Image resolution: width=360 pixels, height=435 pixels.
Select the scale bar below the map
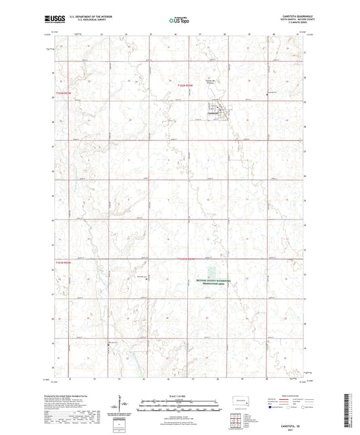pyautogui.click(x=180, y=401)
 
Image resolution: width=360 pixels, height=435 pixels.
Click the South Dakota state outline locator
pyautogui.click(x=237, y=401)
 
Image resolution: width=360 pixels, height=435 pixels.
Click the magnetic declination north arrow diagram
pyautogui.click(x=124, y=405)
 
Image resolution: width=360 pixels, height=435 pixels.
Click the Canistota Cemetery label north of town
pyautogui.click(x=218, y=98)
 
